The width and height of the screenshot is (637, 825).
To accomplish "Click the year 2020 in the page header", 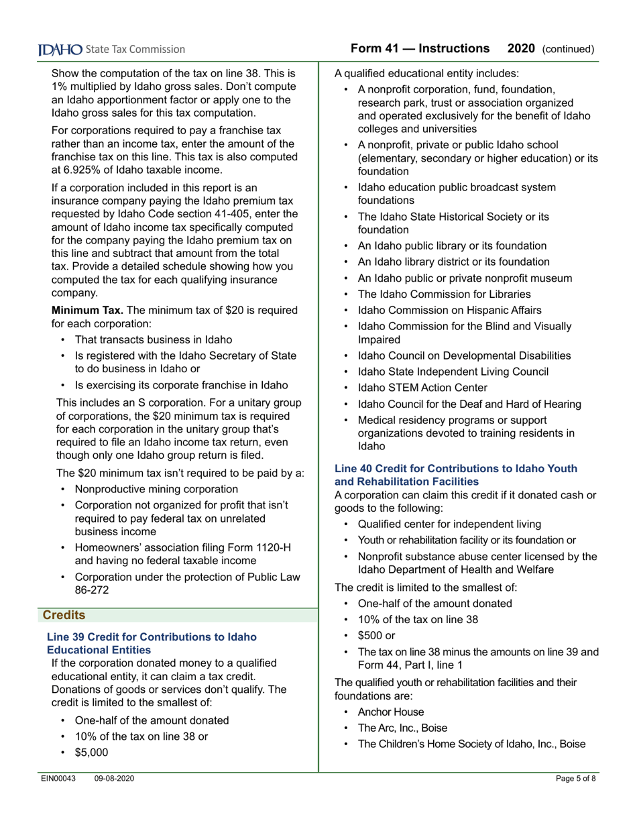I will pos(521,49).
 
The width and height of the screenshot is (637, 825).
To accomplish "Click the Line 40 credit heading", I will pos(455,475).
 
